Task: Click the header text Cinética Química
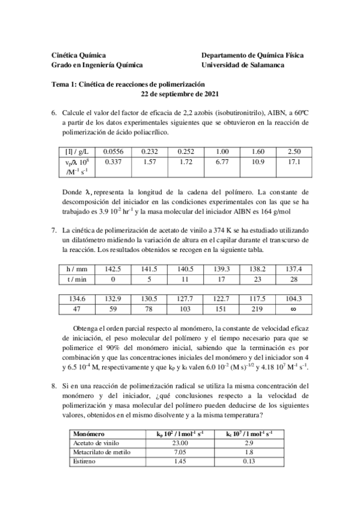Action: pos(79,55)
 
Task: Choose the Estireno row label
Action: pos(85,461)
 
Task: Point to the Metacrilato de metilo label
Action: pos(101,452)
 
